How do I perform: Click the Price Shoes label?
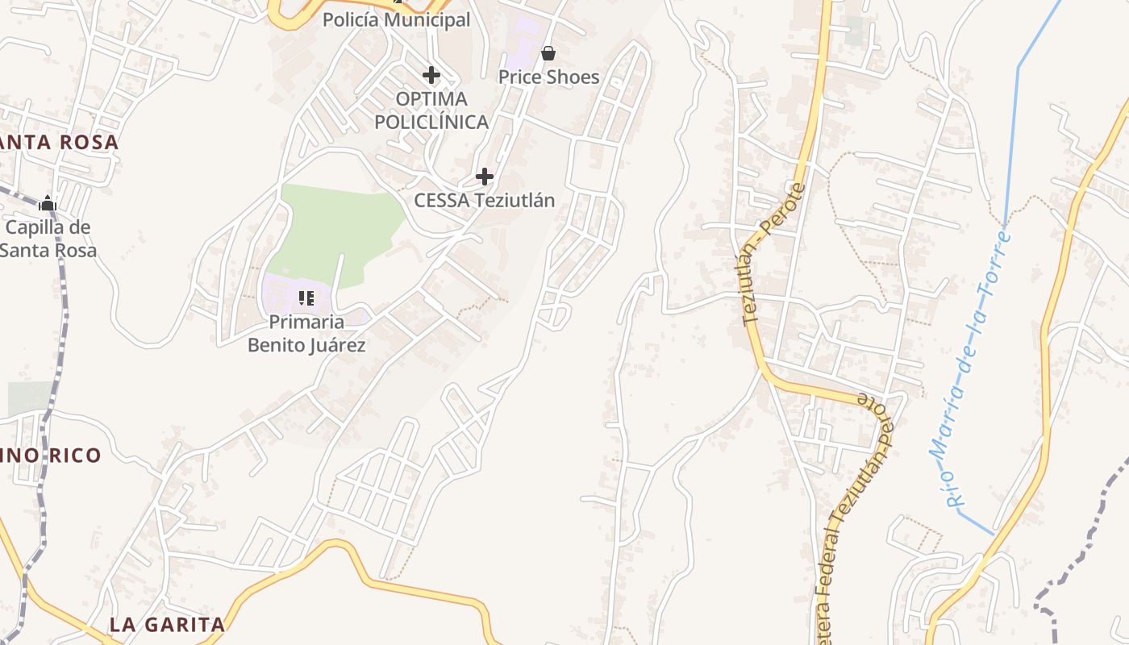pyautogui.click(x=548, y=77)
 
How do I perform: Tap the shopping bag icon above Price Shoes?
pyautogui.click(x=548, y=54)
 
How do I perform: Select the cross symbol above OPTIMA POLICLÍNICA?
pyautogui.click(x=431, y=75)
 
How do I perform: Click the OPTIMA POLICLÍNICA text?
pyautogui.click(x=431, y=110)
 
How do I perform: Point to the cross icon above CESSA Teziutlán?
pyautogui.click(x=484, y=176)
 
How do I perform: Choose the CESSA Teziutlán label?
pyautogui.click(x=484, y=200)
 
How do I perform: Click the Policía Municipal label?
pyautogui.click(x=396, y=20)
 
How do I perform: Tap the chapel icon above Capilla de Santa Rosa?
pyautogui.click(x=48, y=203)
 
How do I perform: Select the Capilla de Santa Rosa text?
pyautogui.click(x=48, y=239)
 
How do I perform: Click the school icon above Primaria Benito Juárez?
pyautogui.click(x=306, y=298)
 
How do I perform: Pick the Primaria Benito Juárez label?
pyautogui.click(x=306, y=334)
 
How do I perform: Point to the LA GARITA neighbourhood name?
pyautogui.click(x=167, y=624)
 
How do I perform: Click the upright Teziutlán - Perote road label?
pyautogui.click(x=773, y=254)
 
